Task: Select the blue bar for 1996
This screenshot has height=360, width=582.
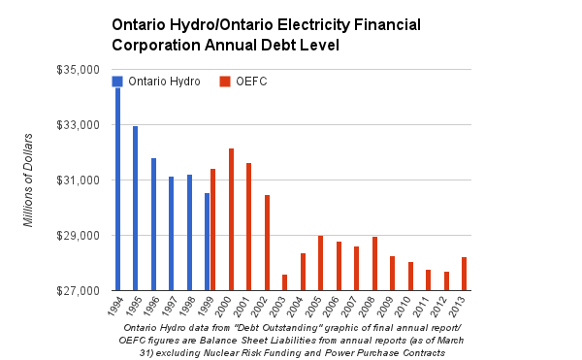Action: point(153,224)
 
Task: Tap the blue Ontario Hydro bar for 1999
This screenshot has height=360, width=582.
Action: point(207,242)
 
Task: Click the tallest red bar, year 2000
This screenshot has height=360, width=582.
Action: point(231,219)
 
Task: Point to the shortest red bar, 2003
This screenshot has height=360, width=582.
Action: point(284,282)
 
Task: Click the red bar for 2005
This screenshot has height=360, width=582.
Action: point(320,263)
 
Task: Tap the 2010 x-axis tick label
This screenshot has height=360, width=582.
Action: point(410,308)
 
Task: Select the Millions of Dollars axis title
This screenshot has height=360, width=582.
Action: point(29,180)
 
